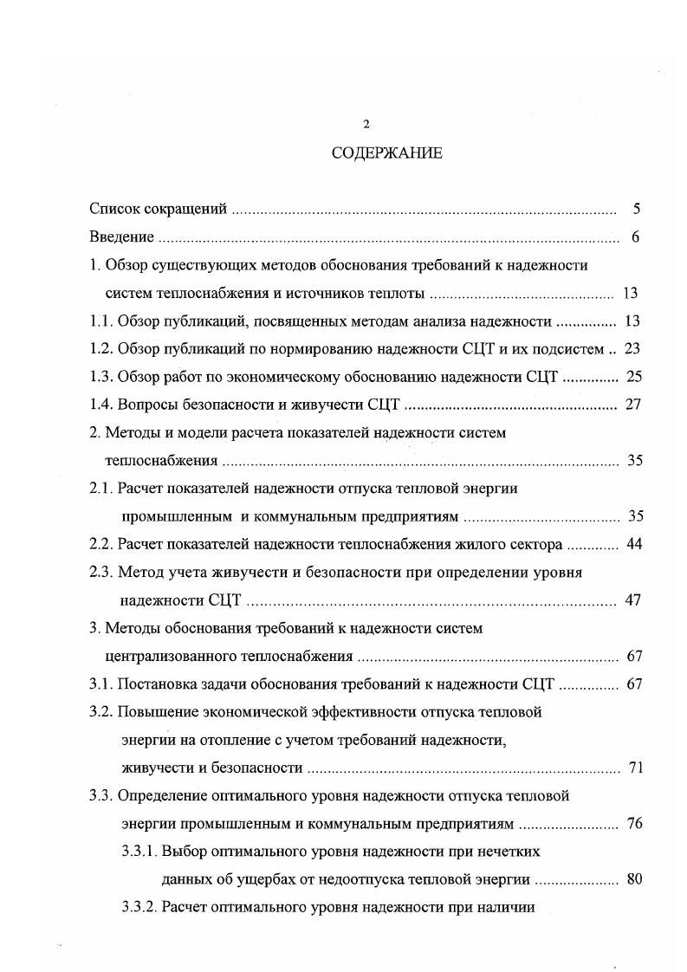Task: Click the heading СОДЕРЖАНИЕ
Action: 386,153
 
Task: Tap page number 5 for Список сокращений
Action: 636,209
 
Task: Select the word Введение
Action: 122,237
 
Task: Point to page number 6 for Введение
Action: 635,237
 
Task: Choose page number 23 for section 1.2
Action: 632,349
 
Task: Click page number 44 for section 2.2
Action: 633,545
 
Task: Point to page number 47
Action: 632,600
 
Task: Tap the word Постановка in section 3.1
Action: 154,684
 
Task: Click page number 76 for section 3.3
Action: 634,824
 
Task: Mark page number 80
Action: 633,880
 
